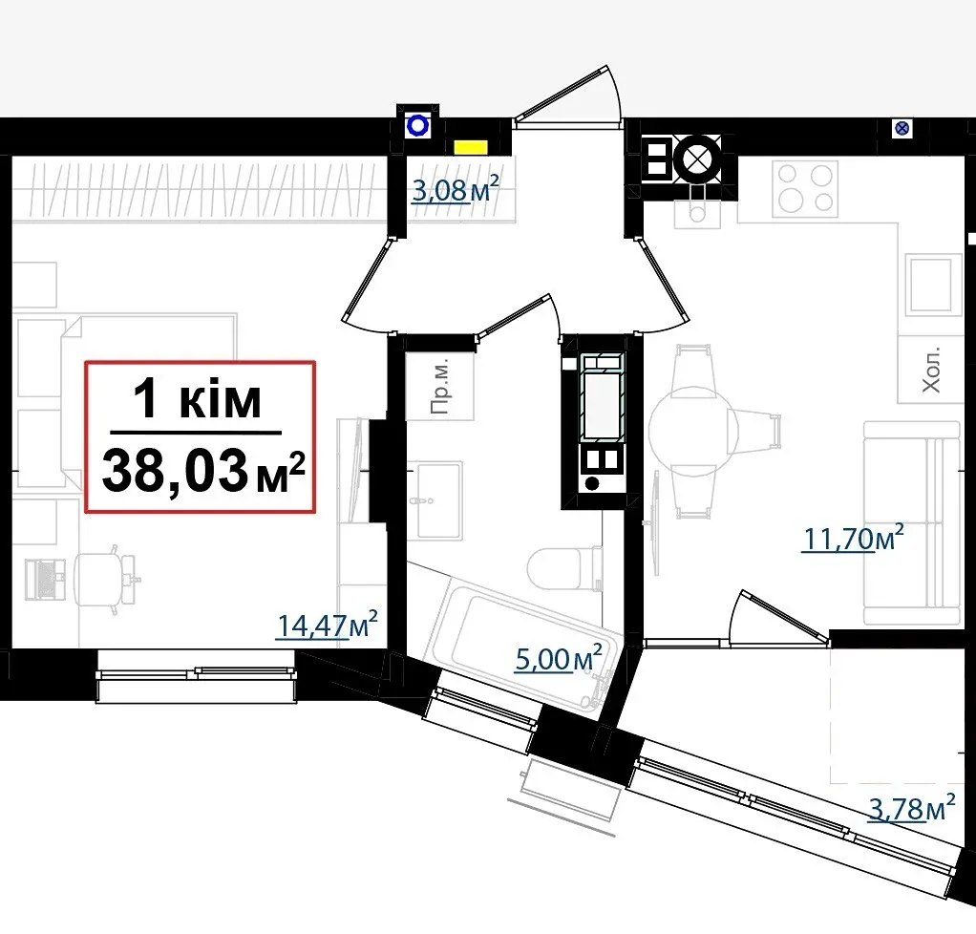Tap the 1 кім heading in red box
tap(198, 399)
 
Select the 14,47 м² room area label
tap(327, 626)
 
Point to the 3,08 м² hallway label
tap(455, 189)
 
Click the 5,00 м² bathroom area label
tap(559, 658)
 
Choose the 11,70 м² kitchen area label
tap(853, 538)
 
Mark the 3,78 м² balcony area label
tap(912, 808)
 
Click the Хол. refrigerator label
tap(930, 370)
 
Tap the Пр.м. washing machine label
tap(439, 388)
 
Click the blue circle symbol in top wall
tap(417, 126)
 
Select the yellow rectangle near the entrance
tap(471, 147)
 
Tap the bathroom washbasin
tap(439, 500)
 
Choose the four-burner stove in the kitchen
tap(805, 189)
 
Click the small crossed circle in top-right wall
tap(902, 129)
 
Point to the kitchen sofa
tap(912, 522)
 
